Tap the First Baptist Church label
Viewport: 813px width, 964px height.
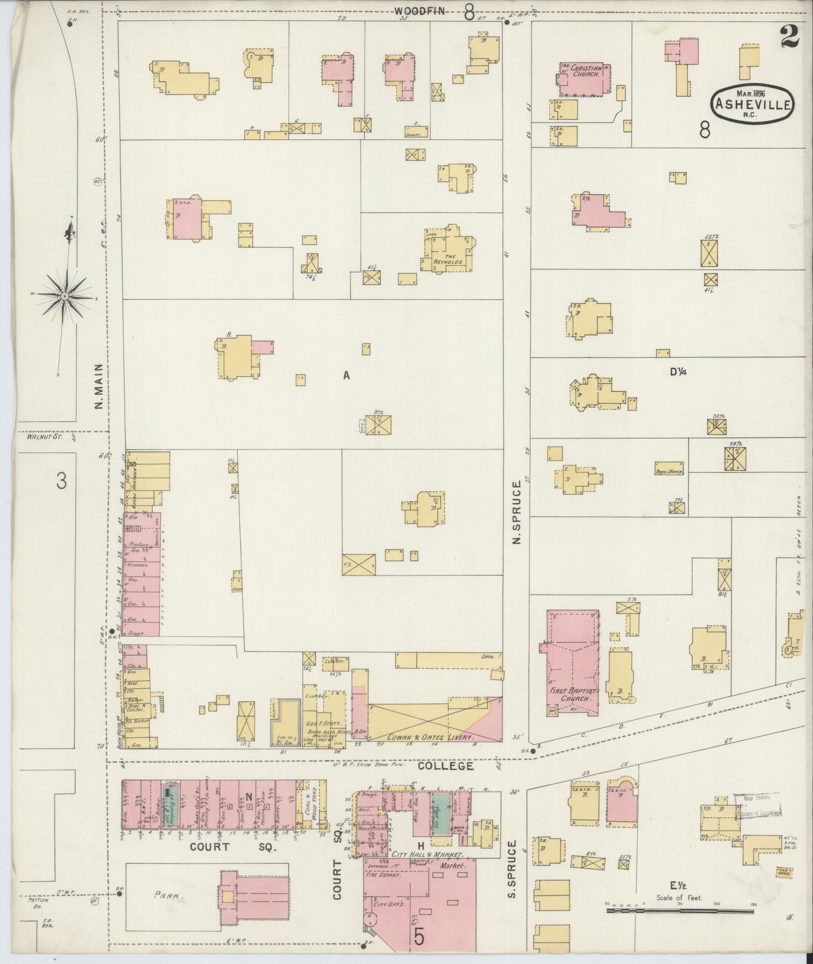tap(572, 695)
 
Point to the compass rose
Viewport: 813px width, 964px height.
tap(65, 295)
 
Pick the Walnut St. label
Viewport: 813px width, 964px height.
tap(39, 435)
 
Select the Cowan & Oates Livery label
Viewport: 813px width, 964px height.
tap(432, 736)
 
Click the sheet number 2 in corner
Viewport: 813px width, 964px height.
tap(790, 38)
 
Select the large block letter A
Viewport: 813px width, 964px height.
tap(347, 375)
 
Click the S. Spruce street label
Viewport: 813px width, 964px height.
tap(512, 877)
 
